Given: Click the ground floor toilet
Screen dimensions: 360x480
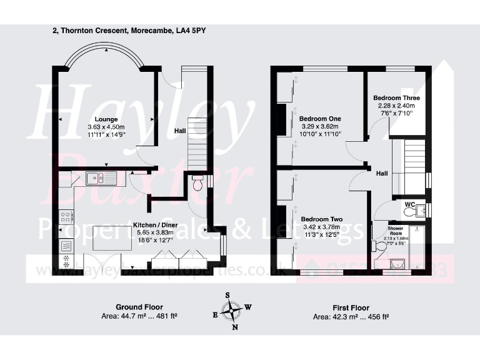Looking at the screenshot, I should pos(197,184).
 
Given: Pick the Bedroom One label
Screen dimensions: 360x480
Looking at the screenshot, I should pos(319,119).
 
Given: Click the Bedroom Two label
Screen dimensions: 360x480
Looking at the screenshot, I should pos(321,219).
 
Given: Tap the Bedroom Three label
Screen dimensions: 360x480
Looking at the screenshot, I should pos(396,98).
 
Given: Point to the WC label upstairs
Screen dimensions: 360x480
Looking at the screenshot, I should pos(409,204).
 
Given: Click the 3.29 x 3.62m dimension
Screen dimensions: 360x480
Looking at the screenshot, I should pos(320,126).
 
